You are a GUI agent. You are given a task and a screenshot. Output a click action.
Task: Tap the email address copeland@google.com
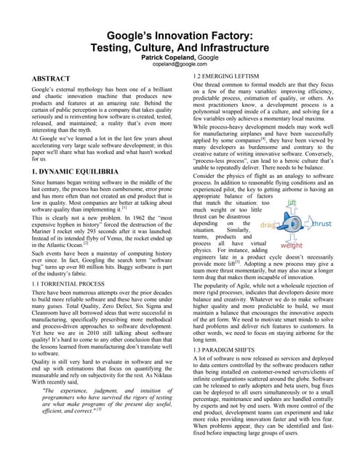(180, 64)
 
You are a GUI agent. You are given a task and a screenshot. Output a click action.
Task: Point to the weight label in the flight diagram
(292, 246)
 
